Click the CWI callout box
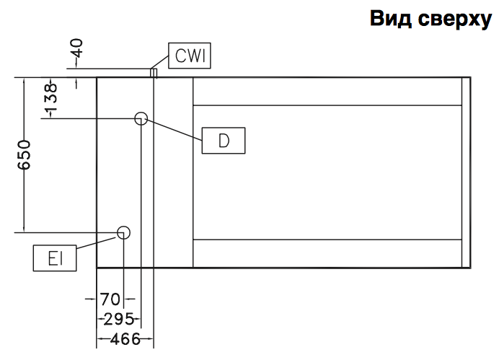pyautogui.click(x=190, y=55)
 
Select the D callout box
pyautogui.click(x=224, y=141)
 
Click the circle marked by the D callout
pyautogui.click(x=141, y=118)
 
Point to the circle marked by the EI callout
pyautogui.click(x=124, y=232)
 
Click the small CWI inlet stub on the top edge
pyautogui.click(x=152, y=72)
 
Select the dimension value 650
pyautogui.click(x=25, y=154)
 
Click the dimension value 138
pyautogui.click(x=49, y=100)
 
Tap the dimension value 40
pyautogui.click(x=77, y=51)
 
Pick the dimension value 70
pyautogui.click(x=110, y=298)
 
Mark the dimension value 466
pyautogui.click(x=124, y=338)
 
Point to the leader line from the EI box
pyautogui.click(x=97, y=242)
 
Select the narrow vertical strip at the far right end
pyautogui.click(x=466, y=171)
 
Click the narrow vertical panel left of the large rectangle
pyautogui.click(x=174, y=171)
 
